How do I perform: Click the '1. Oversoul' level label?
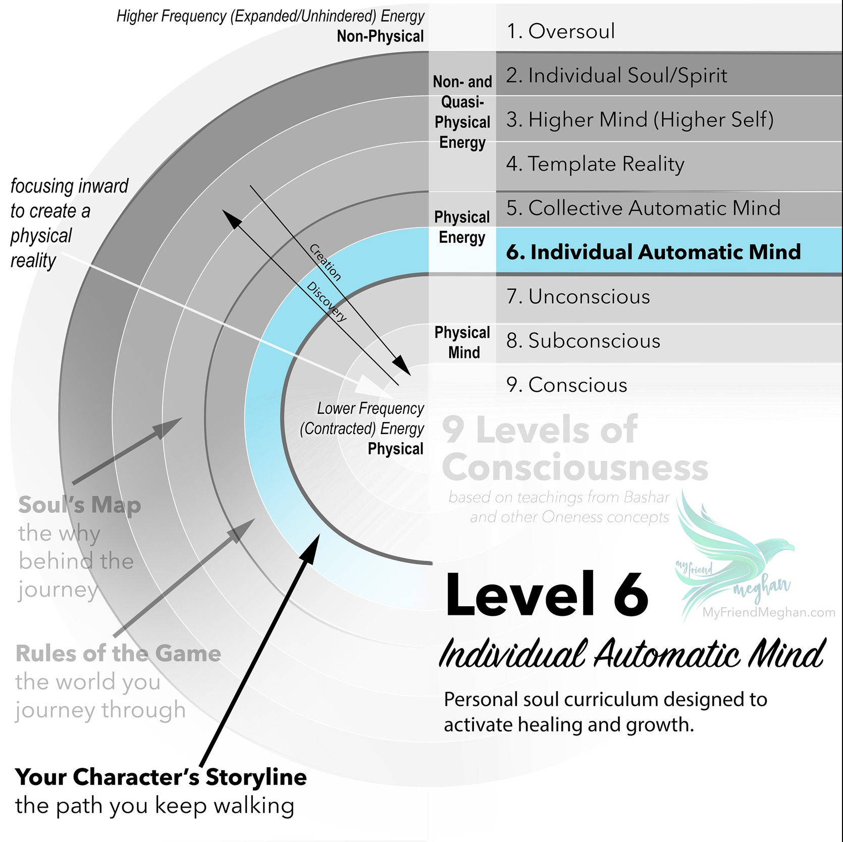pos(561,31)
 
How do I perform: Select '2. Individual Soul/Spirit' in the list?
pos(617,76)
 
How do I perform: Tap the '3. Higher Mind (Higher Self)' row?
pos(640,120)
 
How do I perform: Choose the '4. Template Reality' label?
pos(596,164)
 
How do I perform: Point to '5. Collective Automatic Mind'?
pos(644,208)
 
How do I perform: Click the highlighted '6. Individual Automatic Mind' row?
pos(654,252)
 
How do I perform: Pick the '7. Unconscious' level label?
pos(578,296)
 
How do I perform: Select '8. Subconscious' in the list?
pos(584,341)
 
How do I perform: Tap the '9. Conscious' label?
pos(567,385)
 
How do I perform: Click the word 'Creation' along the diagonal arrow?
pos(326,262)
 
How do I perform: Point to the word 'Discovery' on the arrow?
pos(327,301)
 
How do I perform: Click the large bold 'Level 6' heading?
pos(547,594)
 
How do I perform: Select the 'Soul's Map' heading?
pos(80,505)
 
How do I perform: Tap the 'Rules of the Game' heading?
pos(119,654)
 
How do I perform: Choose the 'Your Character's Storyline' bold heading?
pos(161,777)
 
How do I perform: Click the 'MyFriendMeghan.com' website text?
pos(769,613)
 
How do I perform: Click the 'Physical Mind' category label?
pos(462,342)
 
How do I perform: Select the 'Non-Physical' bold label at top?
pos(381,36)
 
